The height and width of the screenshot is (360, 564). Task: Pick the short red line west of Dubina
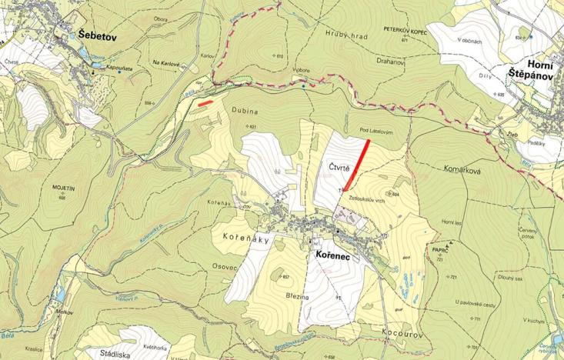point(205,101)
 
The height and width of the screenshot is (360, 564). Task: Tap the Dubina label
point(242,112)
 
